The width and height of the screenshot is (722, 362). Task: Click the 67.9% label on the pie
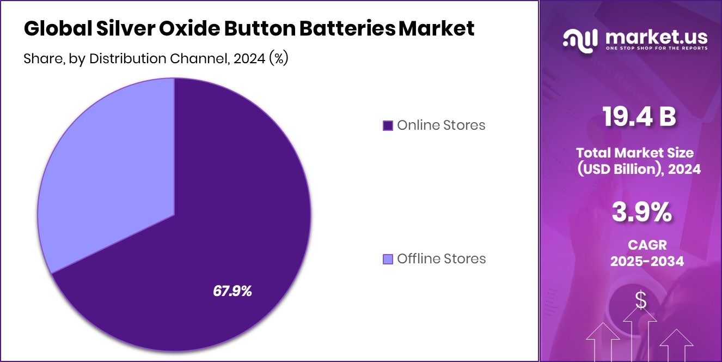click(232, 291)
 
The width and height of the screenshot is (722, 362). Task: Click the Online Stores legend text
click(440, 125)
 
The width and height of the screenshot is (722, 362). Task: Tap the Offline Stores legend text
click(441, 258)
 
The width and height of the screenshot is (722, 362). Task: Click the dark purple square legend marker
click(388, 126)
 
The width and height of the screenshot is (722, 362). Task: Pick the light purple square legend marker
click(388, 259)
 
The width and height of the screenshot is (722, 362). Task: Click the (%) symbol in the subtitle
click(278, 59)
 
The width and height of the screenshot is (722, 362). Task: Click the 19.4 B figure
click(639, 117)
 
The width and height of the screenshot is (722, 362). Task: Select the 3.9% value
click(641, 213)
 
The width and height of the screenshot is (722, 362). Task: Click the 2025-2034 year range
click(647, 261)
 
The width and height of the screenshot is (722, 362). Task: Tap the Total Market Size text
click(635, 153)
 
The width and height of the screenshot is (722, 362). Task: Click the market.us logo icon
click(580, 39)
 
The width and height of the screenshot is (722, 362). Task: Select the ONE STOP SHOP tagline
click(656, 49)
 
